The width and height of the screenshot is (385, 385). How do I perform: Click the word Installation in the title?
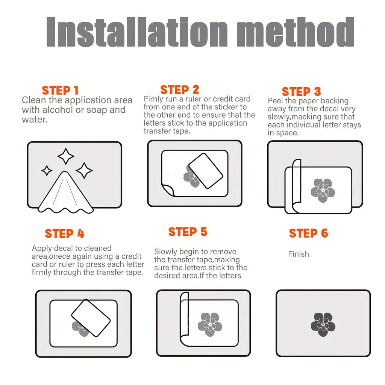pos(137,32)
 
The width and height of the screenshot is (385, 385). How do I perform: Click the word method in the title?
pos(296,32)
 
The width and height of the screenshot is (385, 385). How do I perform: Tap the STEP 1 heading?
pos(60,90)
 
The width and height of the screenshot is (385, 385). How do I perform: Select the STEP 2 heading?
pos(179,89)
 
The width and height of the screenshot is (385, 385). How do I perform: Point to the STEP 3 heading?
pos(301,92)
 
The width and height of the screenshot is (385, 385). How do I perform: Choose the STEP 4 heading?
pos(65,233)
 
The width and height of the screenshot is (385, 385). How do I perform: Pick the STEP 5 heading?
pos(188,232)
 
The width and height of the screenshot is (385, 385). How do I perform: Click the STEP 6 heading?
pos(308,233)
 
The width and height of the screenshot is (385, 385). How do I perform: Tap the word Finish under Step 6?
pos(299,254)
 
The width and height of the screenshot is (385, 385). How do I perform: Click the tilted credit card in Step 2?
pos(206,171)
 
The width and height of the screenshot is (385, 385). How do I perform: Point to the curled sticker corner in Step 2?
pos(168,189)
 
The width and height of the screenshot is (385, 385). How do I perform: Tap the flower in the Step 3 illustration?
pos(323,191)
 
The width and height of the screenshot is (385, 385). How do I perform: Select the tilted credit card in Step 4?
pos(91,318)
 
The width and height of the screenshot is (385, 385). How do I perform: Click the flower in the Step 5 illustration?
pos(210,324)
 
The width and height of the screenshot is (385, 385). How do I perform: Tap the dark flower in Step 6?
pos(323,324)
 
